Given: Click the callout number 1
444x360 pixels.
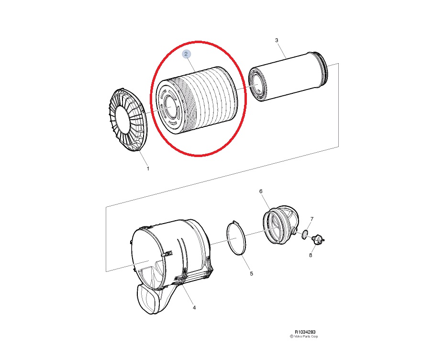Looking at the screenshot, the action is tap(148, 169).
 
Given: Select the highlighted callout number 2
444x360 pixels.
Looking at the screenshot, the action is tap(186, 54).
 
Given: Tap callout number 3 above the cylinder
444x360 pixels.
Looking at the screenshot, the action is tap(277, 40).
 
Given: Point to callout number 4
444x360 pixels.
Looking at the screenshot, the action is tap(194, 307).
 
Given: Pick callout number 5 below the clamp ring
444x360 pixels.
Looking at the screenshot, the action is tap(251, 274).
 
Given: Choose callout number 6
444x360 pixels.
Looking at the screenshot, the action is tap(261, 191).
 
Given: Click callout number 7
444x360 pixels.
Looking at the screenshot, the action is tap(312, 219).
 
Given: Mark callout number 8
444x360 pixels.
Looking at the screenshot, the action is tap(311, 255).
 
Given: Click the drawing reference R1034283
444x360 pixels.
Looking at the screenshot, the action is tap(305, 332).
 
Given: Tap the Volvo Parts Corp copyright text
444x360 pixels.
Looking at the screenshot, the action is tap(304, 337).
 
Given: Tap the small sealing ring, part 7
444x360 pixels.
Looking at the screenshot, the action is tap(305, 234).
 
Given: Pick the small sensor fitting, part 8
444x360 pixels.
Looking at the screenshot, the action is tap(318, 239).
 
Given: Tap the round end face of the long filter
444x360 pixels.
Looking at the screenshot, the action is tap(258, 85).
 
